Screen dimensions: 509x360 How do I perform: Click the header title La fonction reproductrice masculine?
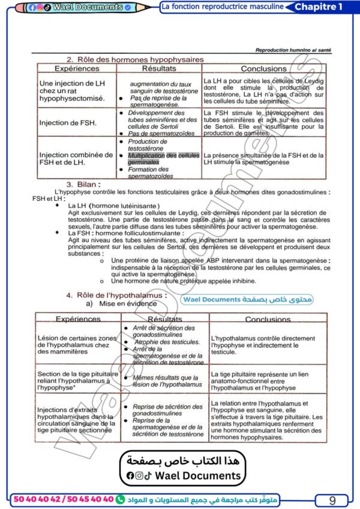tap(222, 7)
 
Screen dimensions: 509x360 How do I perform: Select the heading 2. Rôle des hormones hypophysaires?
tap(135, 59)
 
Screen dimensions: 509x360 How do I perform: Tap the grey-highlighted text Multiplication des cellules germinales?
tap(163, 158)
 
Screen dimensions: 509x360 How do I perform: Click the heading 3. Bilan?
tap(83, 185)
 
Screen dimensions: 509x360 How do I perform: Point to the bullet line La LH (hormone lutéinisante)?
tap(114, 206)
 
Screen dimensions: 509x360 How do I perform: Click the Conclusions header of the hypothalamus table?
tap(268, 320)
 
